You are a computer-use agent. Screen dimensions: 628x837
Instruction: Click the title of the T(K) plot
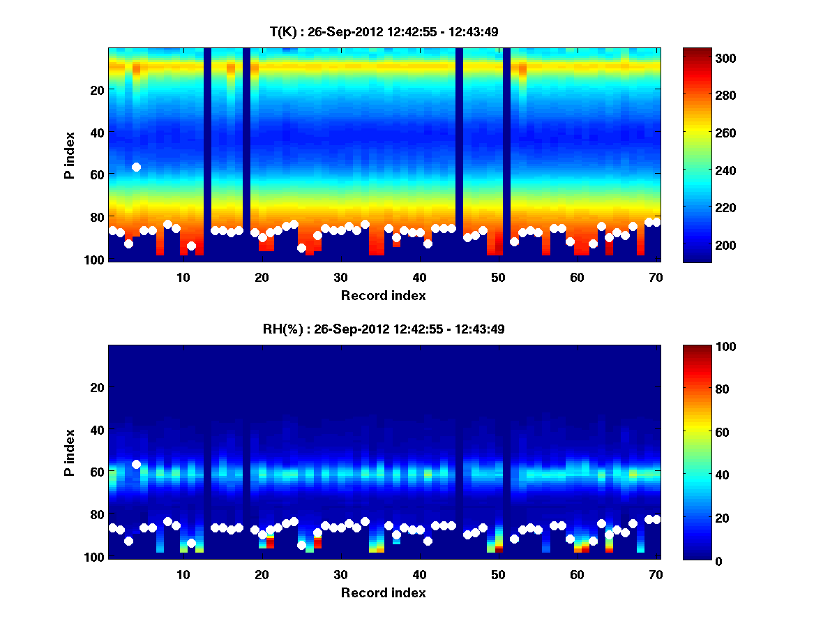(384, 31)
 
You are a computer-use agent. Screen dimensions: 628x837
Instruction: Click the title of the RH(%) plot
(384, 329)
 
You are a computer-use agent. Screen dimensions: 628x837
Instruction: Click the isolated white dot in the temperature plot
(136, 167)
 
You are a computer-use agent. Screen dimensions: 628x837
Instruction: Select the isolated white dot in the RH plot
(136, 464)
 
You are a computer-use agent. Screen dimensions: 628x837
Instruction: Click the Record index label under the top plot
(384, 295)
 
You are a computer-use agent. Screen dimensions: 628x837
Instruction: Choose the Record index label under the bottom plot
(384, 592)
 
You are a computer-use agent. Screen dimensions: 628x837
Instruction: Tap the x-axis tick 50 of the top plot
(498, 277)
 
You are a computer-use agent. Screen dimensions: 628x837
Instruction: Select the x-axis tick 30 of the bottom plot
(340, 574)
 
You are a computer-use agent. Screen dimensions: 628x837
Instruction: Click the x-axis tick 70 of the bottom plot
(656, 574)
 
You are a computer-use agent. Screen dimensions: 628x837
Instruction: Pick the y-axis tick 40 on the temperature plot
(97, 133)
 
